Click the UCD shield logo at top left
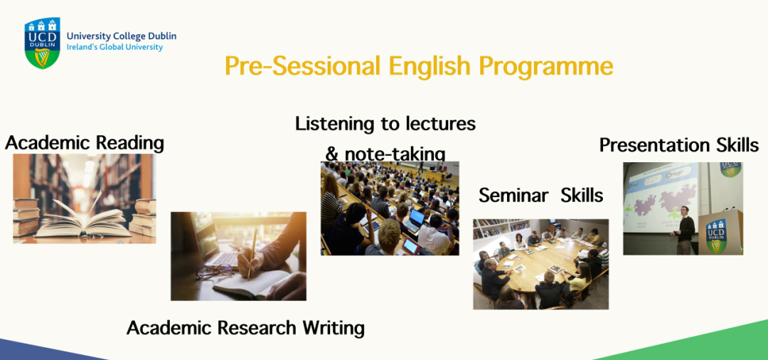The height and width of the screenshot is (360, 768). [43, 43]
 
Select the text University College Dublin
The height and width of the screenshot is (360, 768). [122, 36]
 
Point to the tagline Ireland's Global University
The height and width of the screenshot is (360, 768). [114, 48]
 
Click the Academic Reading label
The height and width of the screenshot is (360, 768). [84, 144]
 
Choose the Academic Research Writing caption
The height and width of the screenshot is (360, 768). [245, 328]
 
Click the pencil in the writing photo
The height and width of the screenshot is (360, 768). [252, 254]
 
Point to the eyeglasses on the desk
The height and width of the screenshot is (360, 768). [215, 271]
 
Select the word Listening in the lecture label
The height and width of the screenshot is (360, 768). [338, 125]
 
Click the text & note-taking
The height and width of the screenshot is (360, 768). [385, 154]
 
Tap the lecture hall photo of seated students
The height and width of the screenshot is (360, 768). [390, 208]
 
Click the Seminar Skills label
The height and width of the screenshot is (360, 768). [540, 196]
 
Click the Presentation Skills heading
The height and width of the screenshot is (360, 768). [679, 145]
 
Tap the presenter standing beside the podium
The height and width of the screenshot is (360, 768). [686, 229]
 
